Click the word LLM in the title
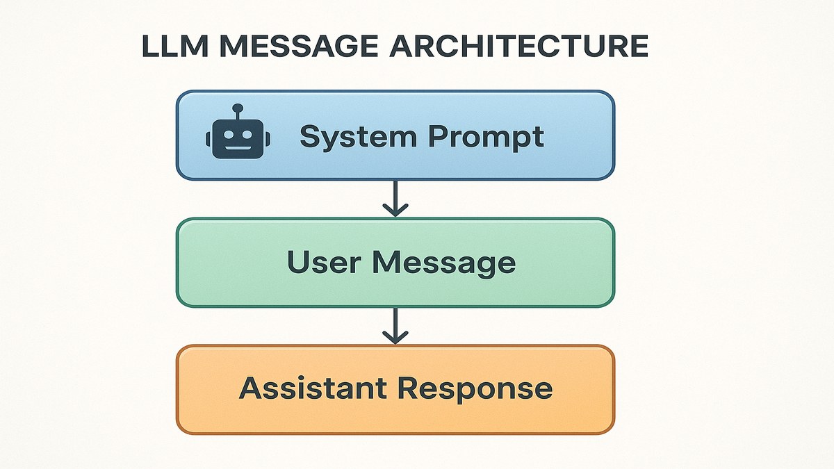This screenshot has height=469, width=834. coord(171,47)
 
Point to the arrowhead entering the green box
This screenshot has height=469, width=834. coord(395,210)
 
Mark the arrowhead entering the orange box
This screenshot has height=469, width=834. coord(395,337)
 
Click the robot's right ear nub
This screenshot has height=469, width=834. coord(267,138)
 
